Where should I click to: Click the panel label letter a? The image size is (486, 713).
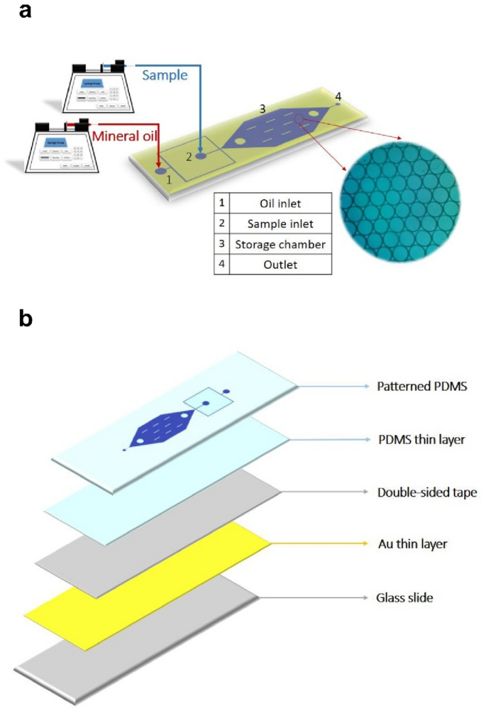coord(26,13)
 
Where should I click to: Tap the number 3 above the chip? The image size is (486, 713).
coord(263,109)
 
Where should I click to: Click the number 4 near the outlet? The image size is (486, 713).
coord(338,96)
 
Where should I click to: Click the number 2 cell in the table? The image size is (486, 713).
coord(222,224)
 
